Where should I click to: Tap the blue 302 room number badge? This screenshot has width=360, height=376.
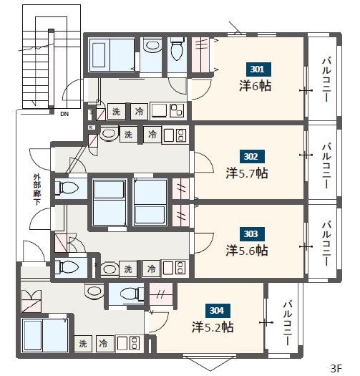pos(252,157)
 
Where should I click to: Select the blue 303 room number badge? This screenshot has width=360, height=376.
pos(252,233)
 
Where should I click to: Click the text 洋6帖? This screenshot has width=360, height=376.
pos(256,86)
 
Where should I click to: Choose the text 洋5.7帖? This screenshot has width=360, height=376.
pos(247,173)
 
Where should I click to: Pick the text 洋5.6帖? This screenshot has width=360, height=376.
pos(247,251)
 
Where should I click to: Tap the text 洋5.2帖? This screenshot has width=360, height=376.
pos(213,327)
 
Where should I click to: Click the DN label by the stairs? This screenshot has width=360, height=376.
pos(64,114)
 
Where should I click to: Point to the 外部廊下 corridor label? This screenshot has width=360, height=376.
pos(37,190)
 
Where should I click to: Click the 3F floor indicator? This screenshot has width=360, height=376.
pos(336,369)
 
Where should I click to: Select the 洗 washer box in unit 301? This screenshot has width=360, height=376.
pos(116,111)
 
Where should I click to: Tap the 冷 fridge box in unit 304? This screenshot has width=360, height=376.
pos(103,343)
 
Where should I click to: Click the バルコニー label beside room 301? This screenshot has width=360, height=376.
pos(326,79)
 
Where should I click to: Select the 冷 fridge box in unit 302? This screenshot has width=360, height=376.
pos(152,135)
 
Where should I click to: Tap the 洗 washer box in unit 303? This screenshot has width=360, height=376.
pos(128,269)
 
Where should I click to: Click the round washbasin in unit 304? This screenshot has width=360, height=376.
pos(94,291)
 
